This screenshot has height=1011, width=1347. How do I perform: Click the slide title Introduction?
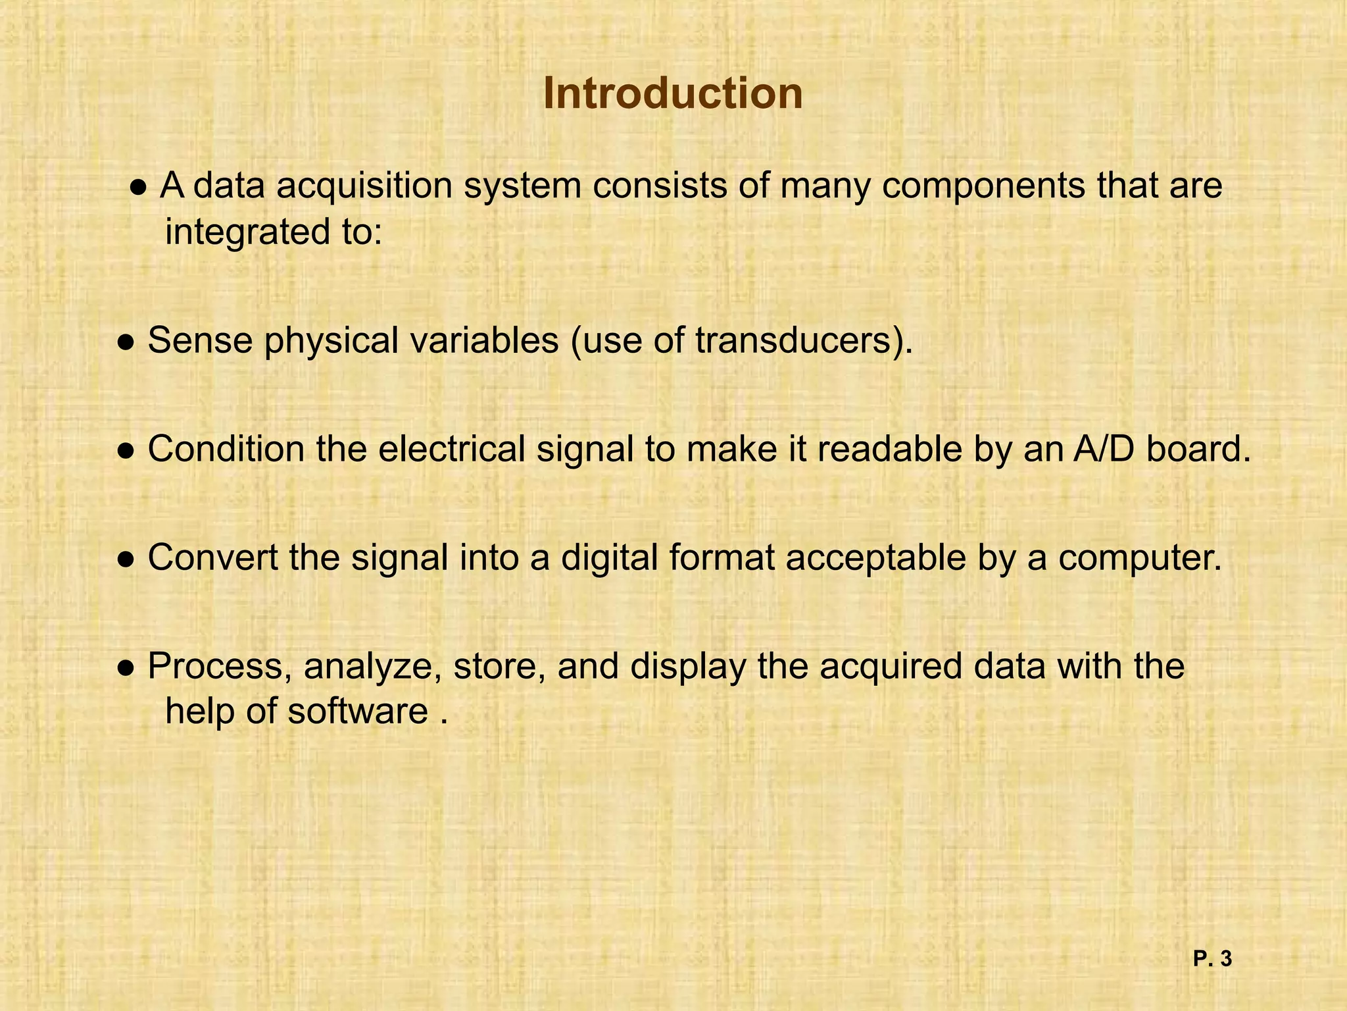pyautogui.click(x=673, y=93)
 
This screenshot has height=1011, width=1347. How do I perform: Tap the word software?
pyautogui.click(x=358, y=712)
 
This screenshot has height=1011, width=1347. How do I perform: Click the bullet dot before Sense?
pyautogui.click(x=126, y=343)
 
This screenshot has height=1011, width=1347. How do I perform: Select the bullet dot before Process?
pyautogui.click(x=126, y=669)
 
